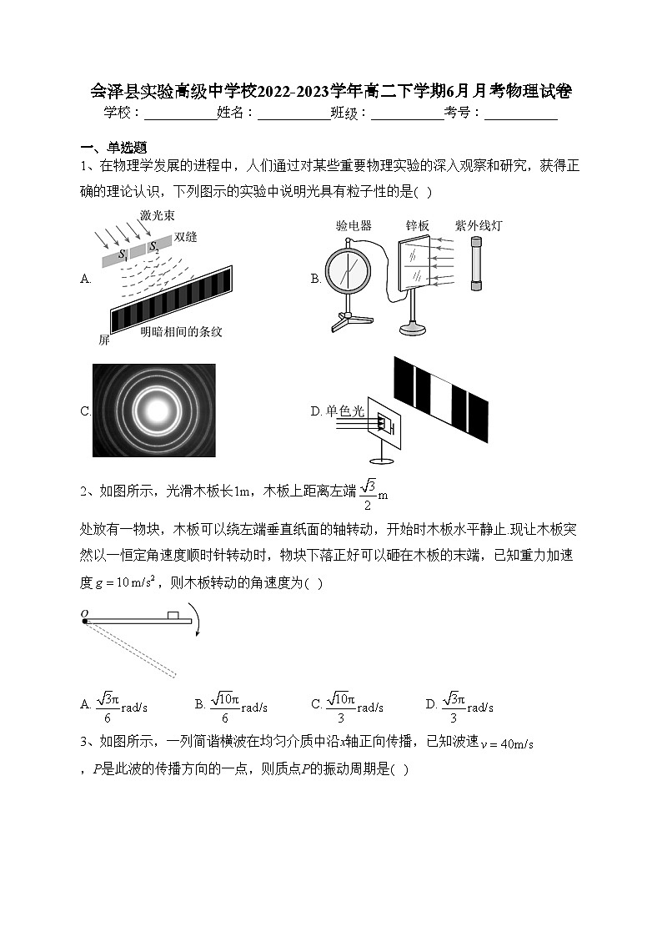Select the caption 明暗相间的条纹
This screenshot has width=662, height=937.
(x=181, y=331)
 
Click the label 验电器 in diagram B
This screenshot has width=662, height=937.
(x=354, y=226)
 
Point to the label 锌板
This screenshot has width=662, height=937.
(x=417, y=226)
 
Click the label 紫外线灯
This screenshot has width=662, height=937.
(x=479, y=226)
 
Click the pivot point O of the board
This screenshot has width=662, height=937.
(x=85, y=620)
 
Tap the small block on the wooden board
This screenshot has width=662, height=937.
(x=173, y=615)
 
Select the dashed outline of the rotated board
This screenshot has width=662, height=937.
(x=133, y=649)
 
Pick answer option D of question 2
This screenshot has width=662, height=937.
(x=459, y=706)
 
